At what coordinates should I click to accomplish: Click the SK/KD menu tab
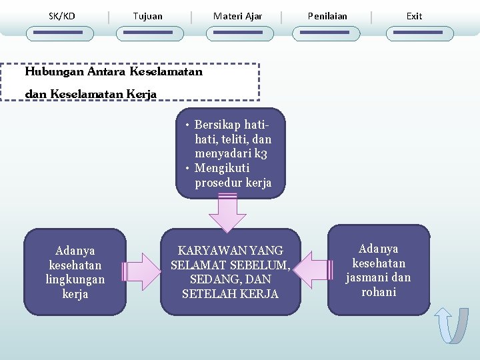click(62, 16)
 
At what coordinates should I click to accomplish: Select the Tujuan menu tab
click(147, 16)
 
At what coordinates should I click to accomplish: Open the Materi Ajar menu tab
click(237, 16)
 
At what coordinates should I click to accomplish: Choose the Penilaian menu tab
click(327, 16)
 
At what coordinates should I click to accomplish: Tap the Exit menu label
click(414, 16)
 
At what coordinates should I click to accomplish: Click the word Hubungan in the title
click(55, 71)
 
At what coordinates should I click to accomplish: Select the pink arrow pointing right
click(142, 271)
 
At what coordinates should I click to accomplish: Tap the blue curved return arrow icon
click(451, 325)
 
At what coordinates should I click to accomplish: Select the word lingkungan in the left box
click(75, 280)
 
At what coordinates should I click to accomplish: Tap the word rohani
click(379, 293)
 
